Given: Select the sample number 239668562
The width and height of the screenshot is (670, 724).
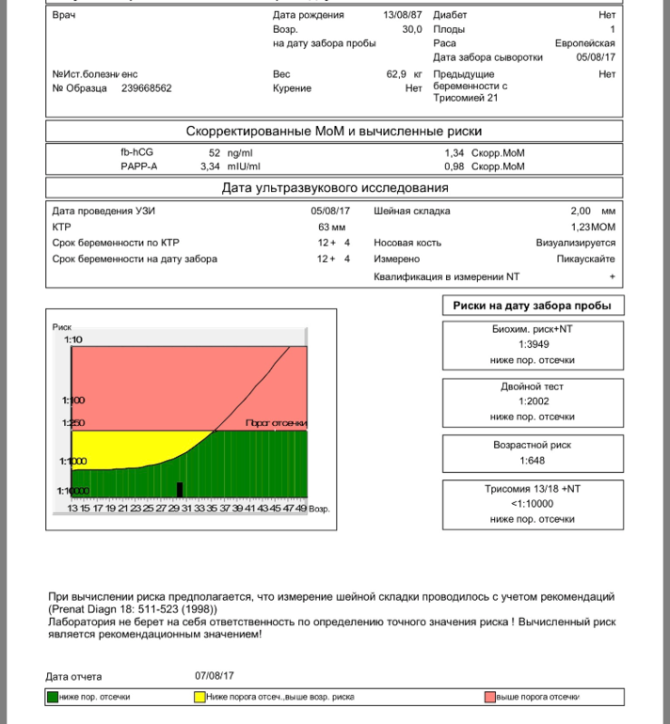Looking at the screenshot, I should coord(147,88).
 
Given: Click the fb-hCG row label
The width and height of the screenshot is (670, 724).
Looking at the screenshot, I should coord(136,151).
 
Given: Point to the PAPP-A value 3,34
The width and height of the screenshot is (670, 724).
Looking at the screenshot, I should coord(210,166).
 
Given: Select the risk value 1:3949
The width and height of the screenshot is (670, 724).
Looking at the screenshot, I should coord(533,343).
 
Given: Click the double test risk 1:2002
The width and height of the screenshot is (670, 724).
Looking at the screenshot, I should coord(533,401).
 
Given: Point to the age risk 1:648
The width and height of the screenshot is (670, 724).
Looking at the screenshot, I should coord(533,461).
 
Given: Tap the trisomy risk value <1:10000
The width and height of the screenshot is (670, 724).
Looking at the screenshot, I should coord(533,503).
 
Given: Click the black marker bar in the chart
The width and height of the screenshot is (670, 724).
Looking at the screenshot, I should coord(179,489).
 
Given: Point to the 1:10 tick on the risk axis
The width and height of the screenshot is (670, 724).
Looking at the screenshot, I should coord(73,339).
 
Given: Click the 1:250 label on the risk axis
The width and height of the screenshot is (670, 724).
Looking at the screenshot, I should coord(73,423).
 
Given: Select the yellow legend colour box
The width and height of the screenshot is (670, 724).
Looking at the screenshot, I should coord(199,697).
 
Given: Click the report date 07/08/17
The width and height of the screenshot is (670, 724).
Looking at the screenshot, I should coord(215,675).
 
